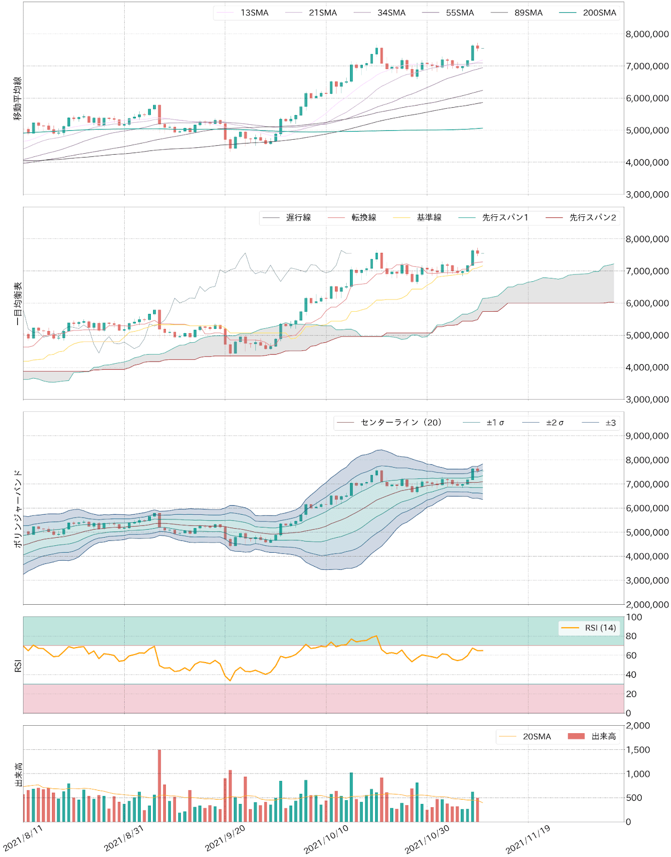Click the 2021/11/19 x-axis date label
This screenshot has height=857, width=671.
tap(528, 839)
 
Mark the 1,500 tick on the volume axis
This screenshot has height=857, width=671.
tap(638, 750)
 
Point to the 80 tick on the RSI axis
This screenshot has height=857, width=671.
tap(631, 636)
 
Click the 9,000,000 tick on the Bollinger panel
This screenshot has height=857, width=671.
tap(647, 436)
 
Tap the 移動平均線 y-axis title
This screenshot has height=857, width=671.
tap(18, 98)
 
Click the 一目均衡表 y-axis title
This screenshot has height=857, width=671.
tap(18, 304)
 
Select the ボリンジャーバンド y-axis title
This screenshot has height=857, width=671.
tap(18, 508)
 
